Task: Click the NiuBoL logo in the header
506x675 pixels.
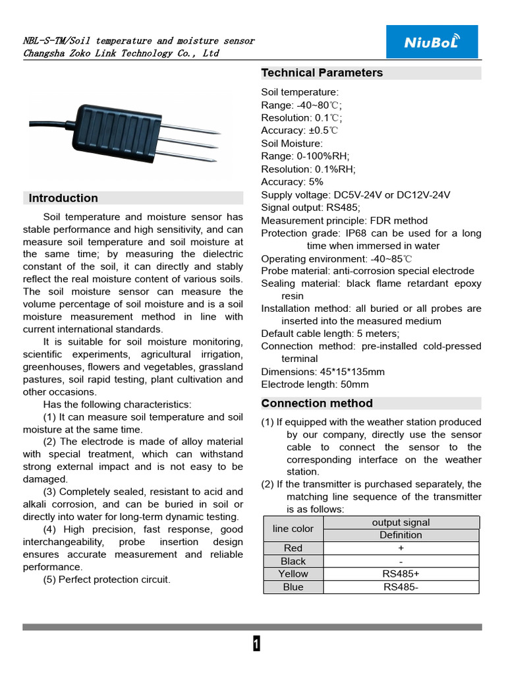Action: click(x=432, y=42)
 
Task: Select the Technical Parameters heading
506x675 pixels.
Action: click(x=322, y=73)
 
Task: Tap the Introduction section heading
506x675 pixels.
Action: click(x=63, y=198)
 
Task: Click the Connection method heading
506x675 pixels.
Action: click(x=317, y=403)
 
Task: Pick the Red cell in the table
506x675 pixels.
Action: click(x=293, y=548)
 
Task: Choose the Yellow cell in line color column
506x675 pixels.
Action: click(x=293, y=574)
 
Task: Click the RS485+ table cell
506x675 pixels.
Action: click(x=401, y=574)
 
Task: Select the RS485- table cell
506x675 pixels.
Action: click(x=401, y=587)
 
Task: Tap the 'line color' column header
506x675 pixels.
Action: click(x=293, y=529)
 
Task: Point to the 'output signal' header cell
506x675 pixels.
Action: click(x=401, y=523)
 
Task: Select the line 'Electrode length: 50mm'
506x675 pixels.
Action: click(x=315, y=384)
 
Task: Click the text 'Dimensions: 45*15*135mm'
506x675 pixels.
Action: click(x=323, y=372)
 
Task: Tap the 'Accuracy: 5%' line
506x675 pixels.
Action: click(x=292, y=182)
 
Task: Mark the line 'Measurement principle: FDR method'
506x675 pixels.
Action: click(x=344, y=221)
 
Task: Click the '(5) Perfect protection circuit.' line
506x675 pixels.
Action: click(x=107, y=580)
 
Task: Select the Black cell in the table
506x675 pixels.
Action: click(x=293, y=562)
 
